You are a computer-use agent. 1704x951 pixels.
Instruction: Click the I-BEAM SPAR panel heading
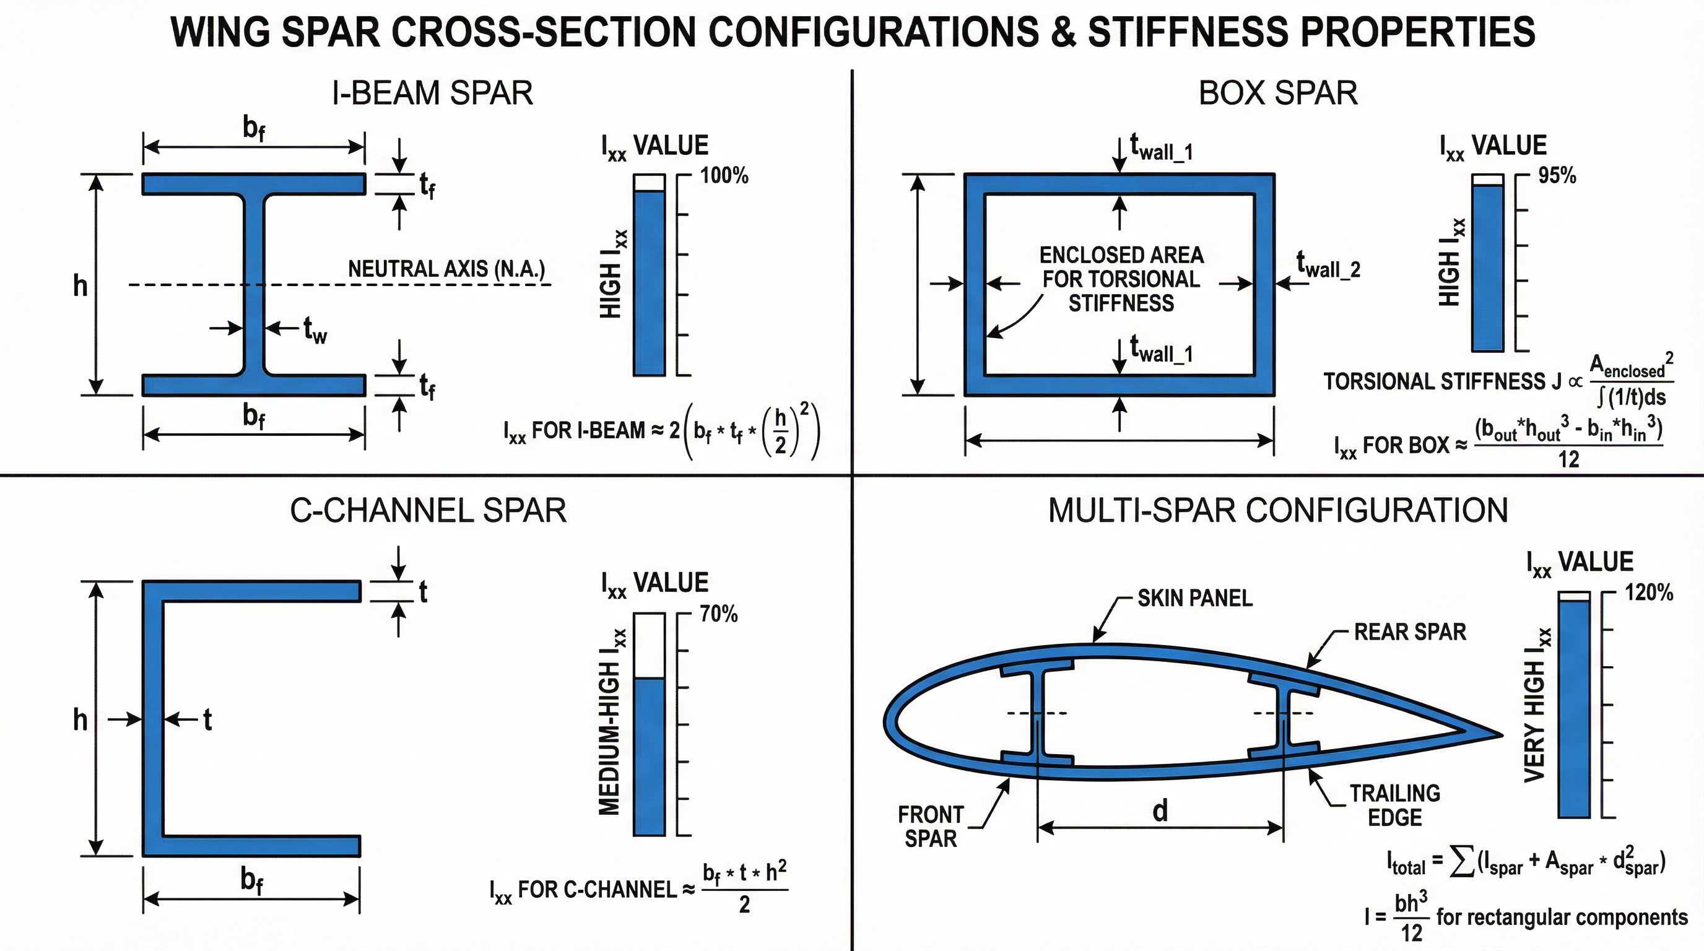click(432, 93)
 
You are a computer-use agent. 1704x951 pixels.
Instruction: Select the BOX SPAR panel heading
click(1277, 93)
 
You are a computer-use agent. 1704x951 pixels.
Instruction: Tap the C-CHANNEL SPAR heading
click(428, 511)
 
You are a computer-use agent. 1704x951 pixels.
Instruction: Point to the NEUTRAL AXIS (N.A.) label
click(446, 269)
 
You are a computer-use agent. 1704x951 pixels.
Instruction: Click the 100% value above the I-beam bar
click(724, 176)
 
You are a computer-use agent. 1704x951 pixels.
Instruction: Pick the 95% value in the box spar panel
click(1557, 176)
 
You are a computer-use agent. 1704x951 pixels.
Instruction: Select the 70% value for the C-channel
click(718, 614)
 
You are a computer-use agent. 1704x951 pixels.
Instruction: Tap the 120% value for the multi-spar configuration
click(1648, 593)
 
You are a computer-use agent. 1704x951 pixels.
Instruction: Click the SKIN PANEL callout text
click(1194, 599)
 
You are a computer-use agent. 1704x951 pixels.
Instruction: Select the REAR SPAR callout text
click(1410, 632)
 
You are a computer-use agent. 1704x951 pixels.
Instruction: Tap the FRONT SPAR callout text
click(930, 826)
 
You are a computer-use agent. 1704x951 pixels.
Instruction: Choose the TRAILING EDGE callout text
click(1394, 805)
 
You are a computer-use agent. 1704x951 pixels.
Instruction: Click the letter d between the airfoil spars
click(1160, 811)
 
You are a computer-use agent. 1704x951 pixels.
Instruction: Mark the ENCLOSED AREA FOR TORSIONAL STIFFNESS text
click(1121, 279)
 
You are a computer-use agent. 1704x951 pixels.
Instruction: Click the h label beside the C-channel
click(80, 719)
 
